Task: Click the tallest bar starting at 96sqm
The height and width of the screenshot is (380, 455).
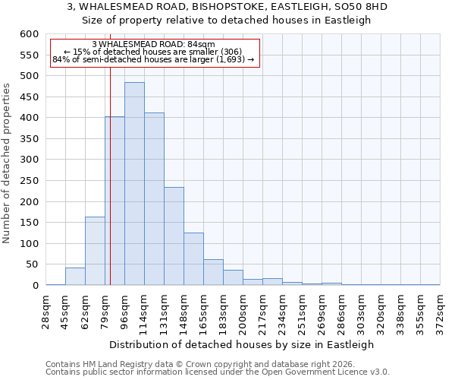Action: coord(134,184)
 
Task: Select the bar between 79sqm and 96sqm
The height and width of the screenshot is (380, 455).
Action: coord(115,201)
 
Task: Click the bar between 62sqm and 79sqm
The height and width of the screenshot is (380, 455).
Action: coord(95,251)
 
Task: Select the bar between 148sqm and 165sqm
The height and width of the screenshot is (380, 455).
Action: coord(193,259)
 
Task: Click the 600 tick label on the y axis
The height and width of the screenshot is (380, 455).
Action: coord(29,34)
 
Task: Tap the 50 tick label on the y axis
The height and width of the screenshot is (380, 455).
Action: coord(32,264)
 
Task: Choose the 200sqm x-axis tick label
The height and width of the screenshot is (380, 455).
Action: coord(243,309)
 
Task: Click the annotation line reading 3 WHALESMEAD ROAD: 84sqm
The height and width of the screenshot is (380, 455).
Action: coord(153,45)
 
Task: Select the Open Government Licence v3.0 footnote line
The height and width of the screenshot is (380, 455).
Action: coord(218,372)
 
